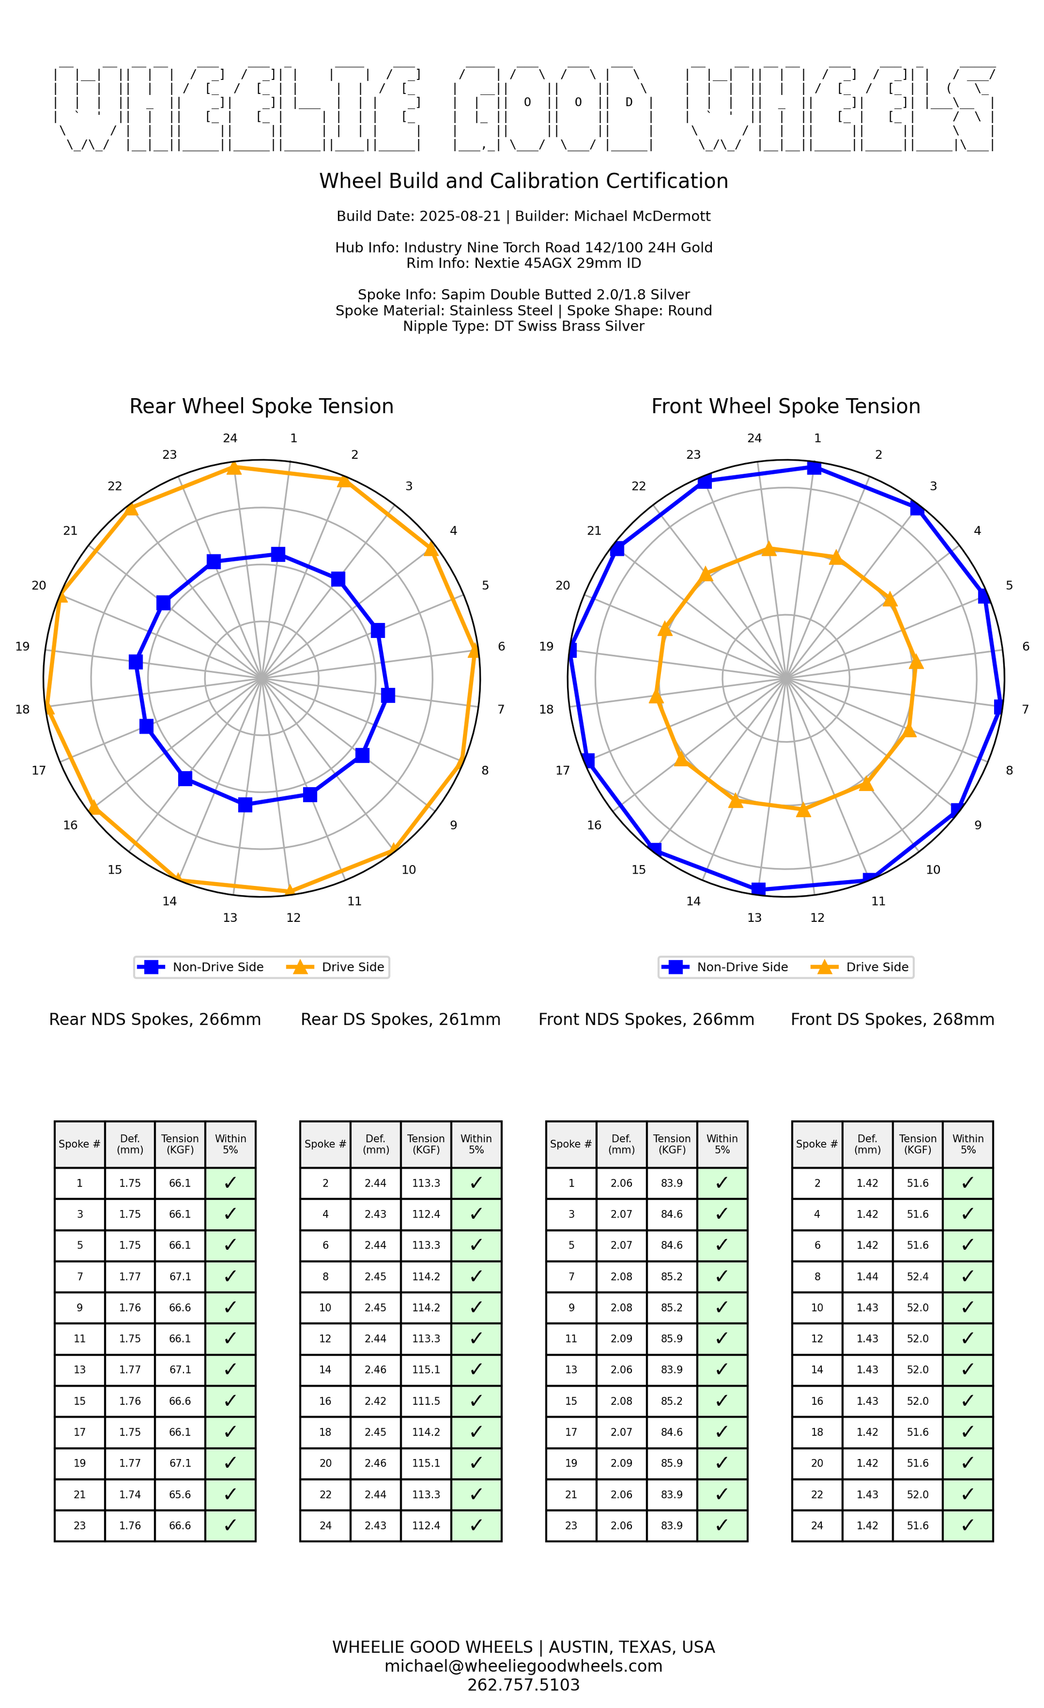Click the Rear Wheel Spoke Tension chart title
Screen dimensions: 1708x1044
(261, 406)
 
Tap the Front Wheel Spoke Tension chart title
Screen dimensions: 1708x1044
(785, 406)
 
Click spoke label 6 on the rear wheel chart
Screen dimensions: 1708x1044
(501, 647)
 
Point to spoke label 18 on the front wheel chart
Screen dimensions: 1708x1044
(546, 709)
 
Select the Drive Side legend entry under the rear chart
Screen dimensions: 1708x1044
(339, 967)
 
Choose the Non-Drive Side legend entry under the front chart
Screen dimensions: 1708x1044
(725, 967)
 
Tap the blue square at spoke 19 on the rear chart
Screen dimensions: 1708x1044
(136, 662)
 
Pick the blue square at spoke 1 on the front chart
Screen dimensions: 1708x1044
(814, 468)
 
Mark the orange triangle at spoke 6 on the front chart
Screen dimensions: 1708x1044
(916, 663)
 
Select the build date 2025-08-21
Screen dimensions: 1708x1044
(460, 216)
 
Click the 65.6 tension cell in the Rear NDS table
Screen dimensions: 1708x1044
(180, 1494)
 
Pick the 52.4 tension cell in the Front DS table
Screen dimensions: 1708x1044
(918, 1276)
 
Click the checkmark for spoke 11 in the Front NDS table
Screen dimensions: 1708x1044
(722, 1338)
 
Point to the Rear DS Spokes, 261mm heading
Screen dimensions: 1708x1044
(401, 1020)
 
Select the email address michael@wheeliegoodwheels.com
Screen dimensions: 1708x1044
(524, 1666)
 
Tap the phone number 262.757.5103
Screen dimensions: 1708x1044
(524, 1684)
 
